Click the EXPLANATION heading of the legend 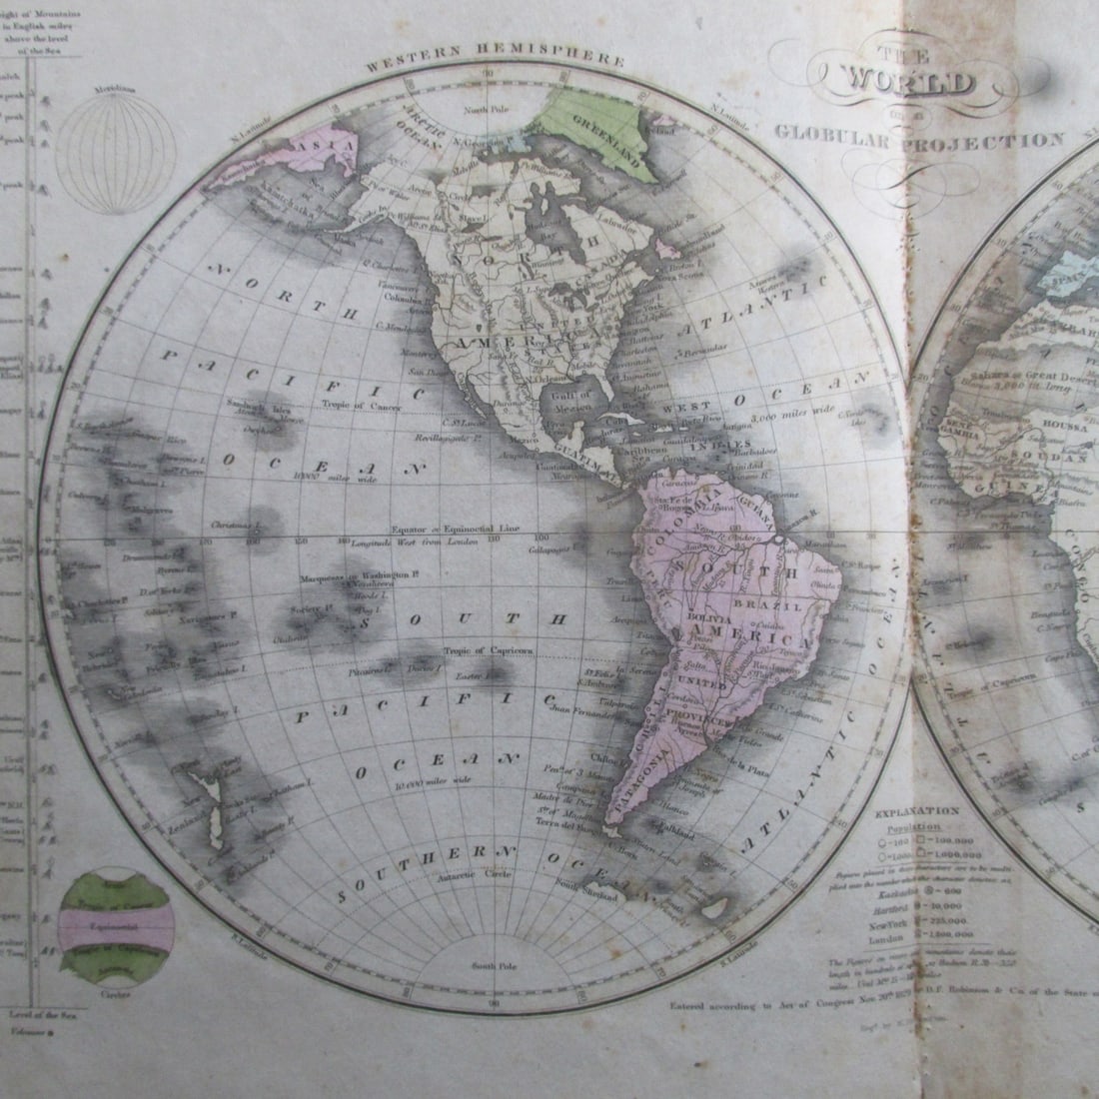pos(916,811)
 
